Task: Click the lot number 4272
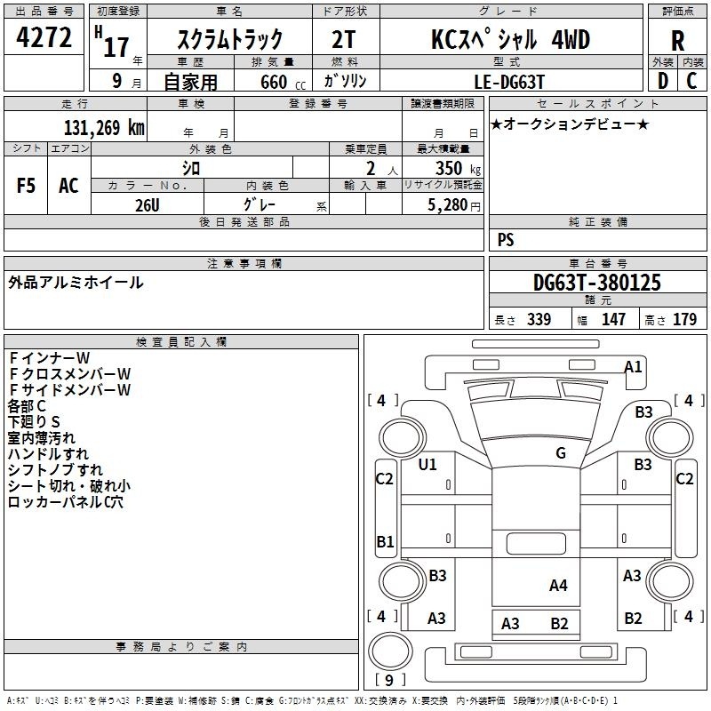[x=44, y=37]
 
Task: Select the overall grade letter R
[x=677, y=41]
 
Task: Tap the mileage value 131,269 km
[x=104, y=128]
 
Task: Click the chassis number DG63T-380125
[x=597, y=283]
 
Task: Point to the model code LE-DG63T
[x=509, y=82]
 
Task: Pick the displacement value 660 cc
[x=283, y=83]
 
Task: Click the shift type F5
[x=26, y=186]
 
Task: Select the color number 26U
[x=148, y=205]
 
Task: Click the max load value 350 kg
[x=458, y=168]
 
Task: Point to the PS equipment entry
[x=506, y=240]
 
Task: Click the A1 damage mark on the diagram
[x=633, y=366]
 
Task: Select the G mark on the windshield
[x=561, y=452]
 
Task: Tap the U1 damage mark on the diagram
[x=427, y=464]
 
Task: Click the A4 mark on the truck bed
[x=558, y=586]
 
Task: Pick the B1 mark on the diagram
[x=385, y=541]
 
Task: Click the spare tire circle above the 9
[x=390, y=651]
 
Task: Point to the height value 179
[x=684, y=319]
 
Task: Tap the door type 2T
[x=344, y=39]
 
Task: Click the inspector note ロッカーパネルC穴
[x=65, y=502]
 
